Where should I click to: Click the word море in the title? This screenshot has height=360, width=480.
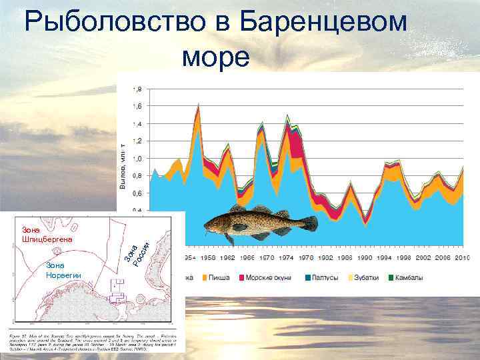click(215, 56)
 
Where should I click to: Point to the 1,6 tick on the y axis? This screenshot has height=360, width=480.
click(137, 106)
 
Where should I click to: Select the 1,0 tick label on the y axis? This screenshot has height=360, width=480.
click(137, 159)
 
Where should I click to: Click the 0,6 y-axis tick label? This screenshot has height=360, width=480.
click(137, 193)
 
